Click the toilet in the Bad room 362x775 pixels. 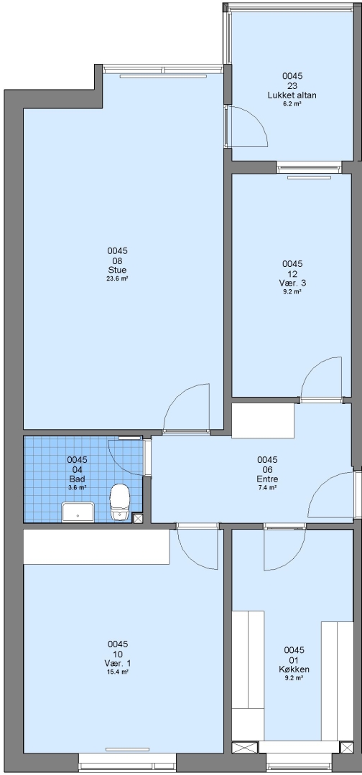coord(120,502)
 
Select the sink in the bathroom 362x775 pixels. coord(78,512)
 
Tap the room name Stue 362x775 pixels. coord(117,270)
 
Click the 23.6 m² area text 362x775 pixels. coord(117,278)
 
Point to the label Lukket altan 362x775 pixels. coord(292,95)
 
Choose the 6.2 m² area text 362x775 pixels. coord(292,104)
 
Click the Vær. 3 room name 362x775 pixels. coord(292,283)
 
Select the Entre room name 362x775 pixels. coord(267,479)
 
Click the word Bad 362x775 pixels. coord(77,479)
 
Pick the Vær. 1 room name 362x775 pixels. coord(118,663)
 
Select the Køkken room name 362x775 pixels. coord(294,670)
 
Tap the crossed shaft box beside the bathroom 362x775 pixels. coord(138,519)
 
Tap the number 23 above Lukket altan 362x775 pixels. coord(292,86)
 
